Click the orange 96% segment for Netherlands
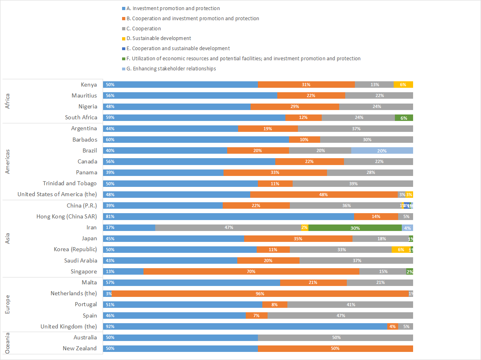(x=260, y=293)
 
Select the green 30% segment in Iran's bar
(x=355, y=227)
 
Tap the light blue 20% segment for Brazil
(x=382, y=150)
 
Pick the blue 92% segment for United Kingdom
(x=245, y=326)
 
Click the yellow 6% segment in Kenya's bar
(x=403, y=85)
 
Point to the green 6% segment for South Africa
(x=404, y=118)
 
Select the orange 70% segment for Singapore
(x=251, y=271)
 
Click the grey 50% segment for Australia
(x=335, y=337)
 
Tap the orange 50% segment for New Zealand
(x=335, y=348)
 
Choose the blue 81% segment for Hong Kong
(x=228, y=216)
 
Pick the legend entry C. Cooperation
(x=143, y=29)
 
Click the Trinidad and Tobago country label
(x=70, y=183)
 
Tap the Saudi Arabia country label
(x=80, y=260)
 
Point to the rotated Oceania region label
(x=7, y=343)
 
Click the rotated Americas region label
(x=7, y=161)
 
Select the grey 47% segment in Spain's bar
(x=340, y=316)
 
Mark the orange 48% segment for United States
(x=324, y=195)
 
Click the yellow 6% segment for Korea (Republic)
(x=401, y=250)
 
